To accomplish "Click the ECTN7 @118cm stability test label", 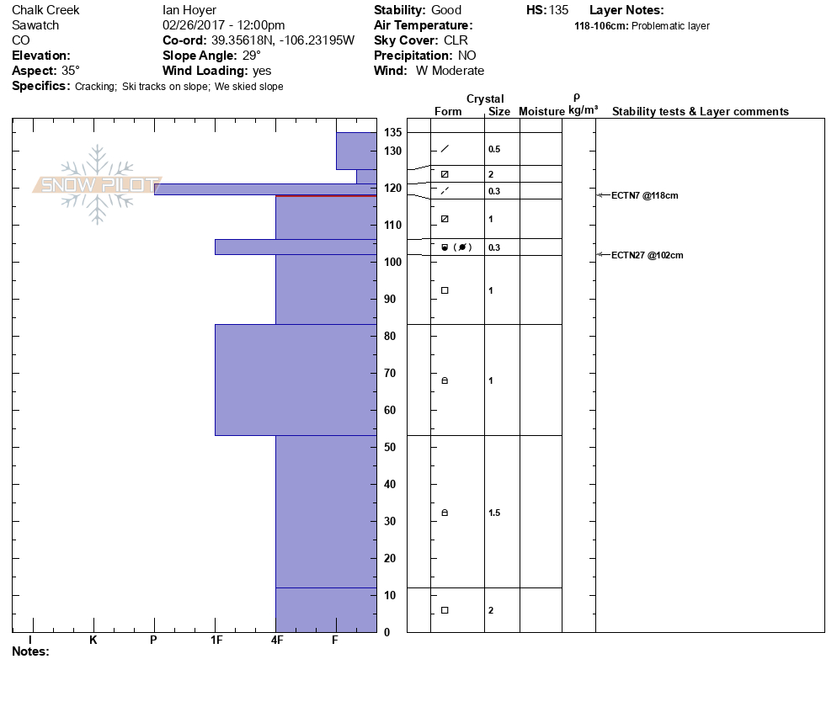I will point(644,195).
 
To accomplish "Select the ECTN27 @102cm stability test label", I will point(647,255).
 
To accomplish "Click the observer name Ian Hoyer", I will point(189,10).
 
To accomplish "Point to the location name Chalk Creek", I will point(45,10).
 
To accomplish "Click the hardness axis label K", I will point(93,640).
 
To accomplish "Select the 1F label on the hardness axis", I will point(216,640).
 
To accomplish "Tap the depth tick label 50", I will point(391,447).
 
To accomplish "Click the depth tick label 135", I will point(392,133).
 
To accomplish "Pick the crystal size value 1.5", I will point(494,513).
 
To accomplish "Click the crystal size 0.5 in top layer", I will point(494,149).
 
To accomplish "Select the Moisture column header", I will point(541,111).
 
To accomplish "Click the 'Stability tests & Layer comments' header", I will point(700,111).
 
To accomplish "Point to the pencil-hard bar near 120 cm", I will point(265,189).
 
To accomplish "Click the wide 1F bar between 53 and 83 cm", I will point(296,380).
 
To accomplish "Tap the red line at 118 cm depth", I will point(326,195).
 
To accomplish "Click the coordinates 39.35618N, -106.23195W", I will point(281,40).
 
